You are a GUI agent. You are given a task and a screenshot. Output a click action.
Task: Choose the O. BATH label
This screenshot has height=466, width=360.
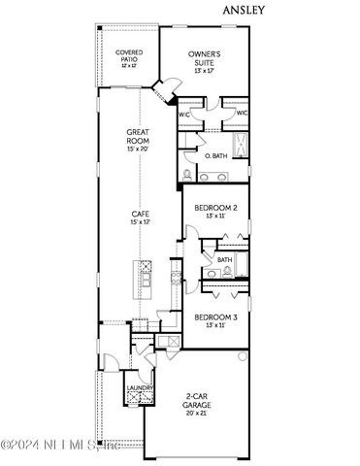[215, 155]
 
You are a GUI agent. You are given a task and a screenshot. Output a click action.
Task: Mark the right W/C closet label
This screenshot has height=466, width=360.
[242, 114]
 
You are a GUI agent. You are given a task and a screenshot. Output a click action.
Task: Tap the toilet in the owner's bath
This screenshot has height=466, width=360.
[187, 175]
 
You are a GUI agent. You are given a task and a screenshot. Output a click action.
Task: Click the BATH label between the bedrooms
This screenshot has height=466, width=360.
[224, 260]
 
